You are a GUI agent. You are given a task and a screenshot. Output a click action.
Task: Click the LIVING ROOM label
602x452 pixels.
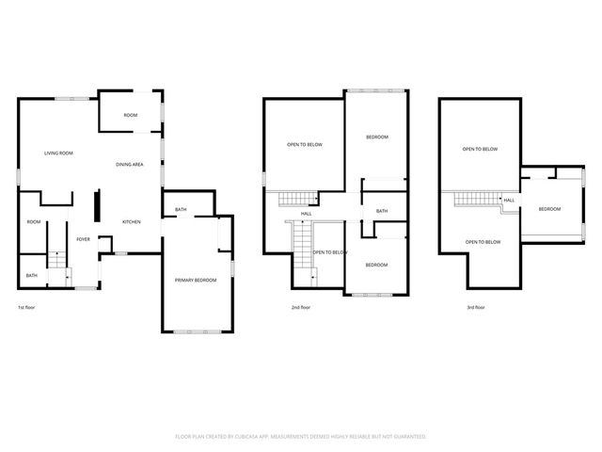(x=58, y=153)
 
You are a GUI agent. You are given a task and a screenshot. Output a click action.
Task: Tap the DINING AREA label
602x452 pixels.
(x=129, y=165)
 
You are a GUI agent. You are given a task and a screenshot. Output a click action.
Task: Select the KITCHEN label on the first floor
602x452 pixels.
(x=131, y=222)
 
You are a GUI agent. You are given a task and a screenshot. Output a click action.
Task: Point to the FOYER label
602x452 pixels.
(x=84, y=239)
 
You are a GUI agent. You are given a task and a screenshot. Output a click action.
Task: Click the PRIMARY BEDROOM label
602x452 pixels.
(x=196, y=281)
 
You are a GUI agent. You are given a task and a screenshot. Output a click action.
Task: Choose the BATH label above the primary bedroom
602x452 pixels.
(x=180, y=209)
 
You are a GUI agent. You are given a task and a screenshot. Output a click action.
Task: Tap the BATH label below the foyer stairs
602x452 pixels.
(x=32, y=276)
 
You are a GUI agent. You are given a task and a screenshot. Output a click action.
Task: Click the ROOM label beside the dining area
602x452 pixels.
(x=131, y=115)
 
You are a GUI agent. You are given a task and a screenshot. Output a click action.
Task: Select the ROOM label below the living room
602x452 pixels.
(x=34, y=222)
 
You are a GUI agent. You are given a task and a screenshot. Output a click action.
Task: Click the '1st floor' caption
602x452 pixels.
(x=27, y=307)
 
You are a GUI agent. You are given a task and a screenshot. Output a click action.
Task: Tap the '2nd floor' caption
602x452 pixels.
(x=301, y=307)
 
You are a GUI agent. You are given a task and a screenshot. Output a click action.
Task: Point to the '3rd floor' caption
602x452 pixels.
(x=476, y=307)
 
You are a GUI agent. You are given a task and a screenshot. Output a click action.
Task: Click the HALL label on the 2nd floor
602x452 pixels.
(x=306, y=214)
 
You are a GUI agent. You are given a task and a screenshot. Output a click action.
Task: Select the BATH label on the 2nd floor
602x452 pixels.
(x=381, y=211)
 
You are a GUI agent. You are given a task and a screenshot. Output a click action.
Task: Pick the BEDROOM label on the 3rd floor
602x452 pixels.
(x=549, y=209)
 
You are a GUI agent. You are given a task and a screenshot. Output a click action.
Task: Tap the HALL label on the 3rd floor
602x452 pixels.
(x=509, y=201)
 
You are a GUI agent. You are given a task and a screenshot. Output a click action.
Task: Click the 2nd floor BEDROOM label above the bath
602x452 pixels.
(x=376, y=137)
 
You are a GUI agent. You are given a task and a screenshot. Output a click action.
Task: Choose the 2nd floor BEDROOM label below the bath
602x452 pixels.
(x=376, y=265)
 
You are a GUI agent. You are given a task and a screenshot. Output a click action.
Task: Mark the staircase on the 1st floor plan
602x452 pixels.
(x=57, y=264)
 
